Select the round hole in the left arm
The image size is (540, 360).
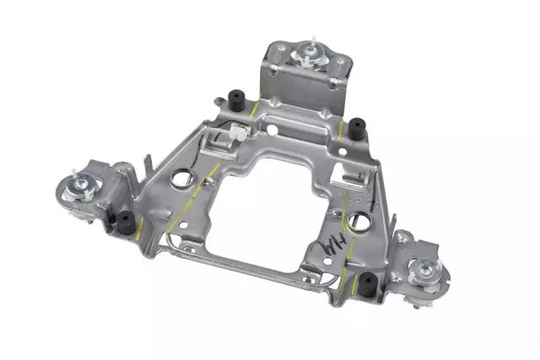click(181, 179)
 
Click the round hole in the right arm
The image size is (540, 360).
click(359, 221)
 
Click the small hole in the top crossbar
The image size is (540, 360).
click(274, 131)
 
